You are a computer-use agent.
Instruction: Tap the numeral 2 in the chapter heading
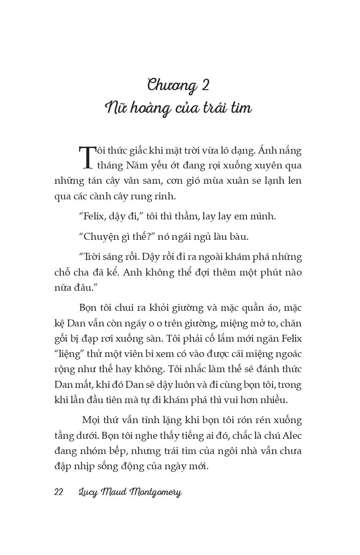(205, 85)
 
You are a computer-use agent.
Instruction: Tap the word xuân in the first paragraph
(222, 181)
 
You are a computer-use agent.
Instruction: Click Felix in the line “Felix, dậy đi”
(94, 216)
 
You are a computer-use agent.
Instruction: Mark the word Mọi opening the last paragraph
(91, 420)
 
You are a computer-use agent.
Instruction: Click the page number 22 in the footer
(59, 492)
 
